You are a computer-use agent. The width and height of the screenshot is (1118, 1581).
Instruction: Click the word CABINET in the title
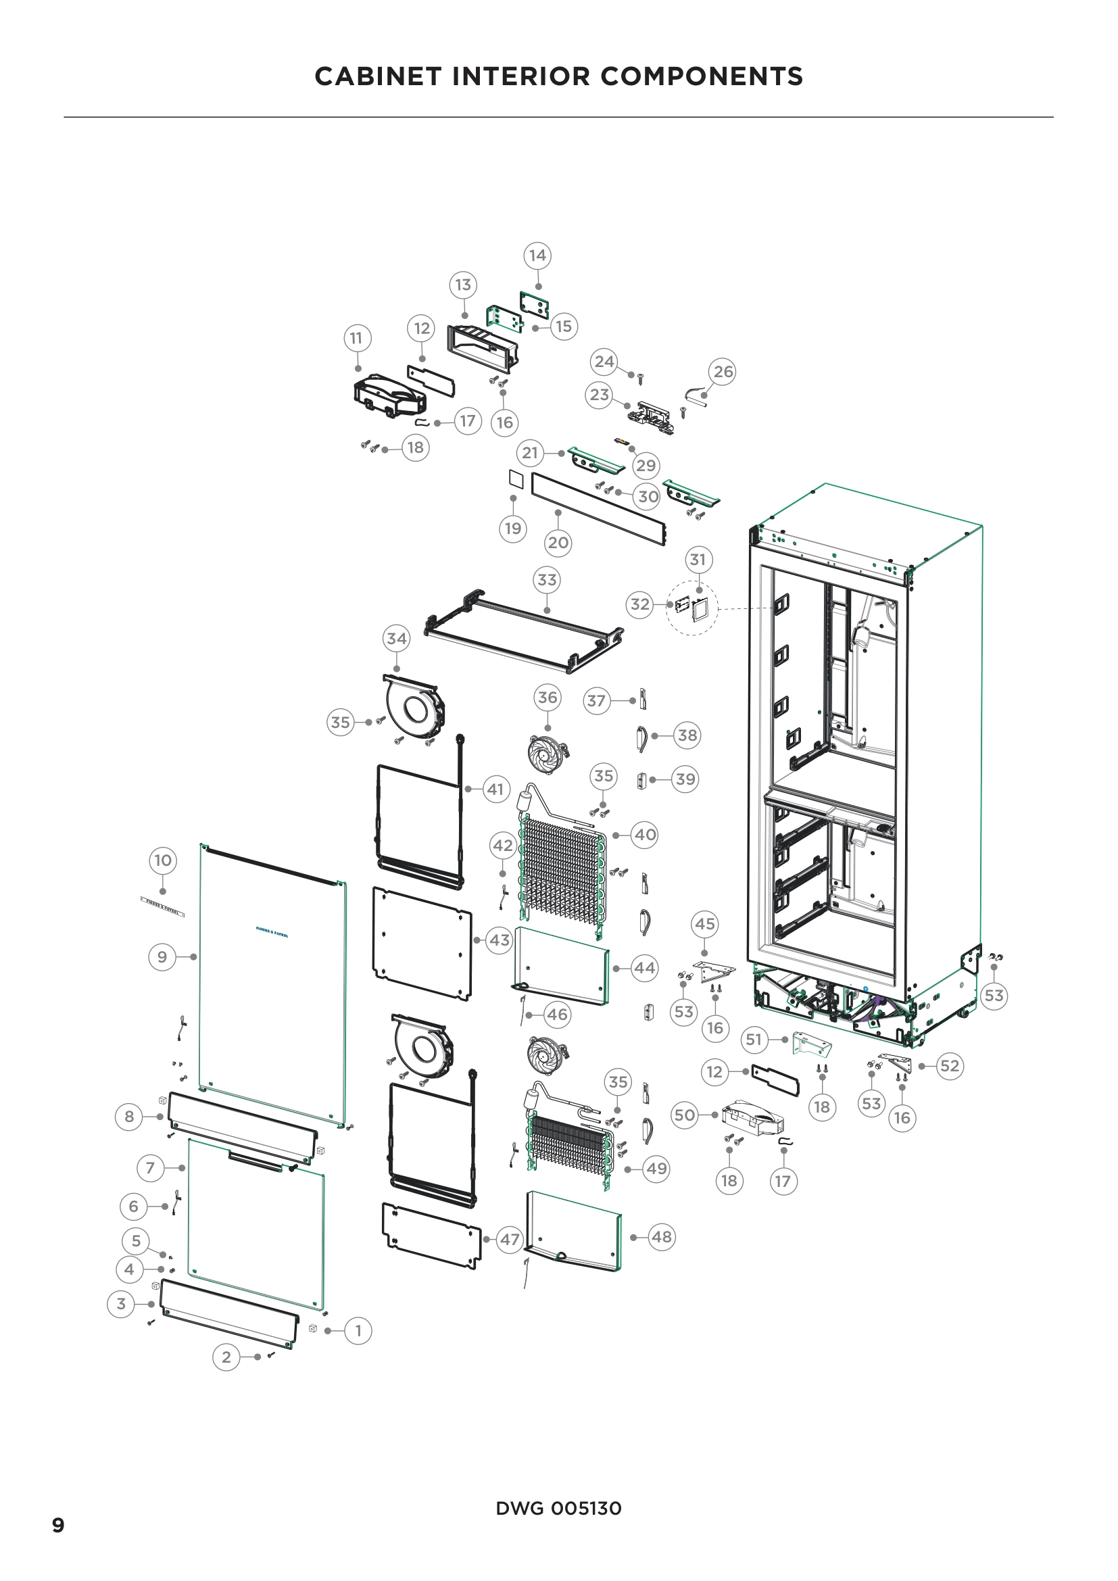[377, 76]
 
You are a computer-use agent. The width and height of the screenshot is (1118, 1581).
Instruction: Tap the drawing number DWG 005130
[558, 1509]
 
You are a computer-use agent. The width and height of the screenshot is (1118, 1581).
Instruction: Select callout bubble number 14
[537, 256]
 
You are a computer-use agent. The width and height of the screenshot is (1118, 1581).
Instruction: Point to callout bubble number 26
[723, 372]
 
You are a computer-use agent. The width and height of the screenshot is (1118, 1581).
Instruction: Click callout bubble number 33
[547, 580]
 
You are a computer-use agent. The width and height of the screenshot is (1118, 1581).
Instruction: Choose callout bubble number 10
[162, 860]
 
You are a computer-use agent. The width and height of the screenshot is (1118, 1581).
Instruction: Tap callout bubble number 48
[662, 1237]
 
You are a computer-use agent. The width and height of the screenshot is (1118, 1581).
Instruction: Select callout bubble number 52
[949, 1066]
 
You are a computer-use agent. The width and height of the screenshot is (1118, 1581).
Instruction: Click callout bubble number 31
[698, 560]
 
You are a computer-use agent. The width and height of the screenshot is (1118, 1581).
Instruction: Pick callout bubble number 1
[358, 1331]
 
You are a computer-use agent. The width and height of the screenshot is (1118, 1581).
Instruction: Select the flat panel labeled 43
[422, 944]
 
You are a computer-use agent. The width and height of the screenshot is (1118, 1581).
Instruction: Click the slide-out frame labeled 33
[523, 633]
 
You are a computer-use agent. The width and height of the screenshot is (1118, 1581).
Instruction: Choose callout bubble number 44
[644, 968]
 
